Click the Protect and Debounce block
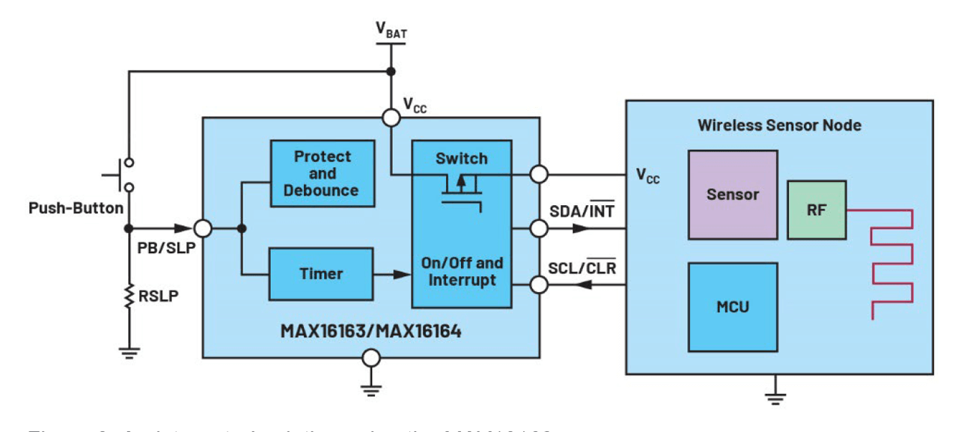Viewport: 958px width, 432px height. pos(322,174)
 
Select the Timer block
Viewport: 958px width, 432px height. pos(321,274)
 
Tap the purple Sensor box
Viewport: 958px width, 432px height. pos(732,195)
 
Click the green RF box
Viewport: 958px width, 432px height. pos(816,210)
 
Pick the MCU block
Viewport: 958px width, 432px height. pos(732,307)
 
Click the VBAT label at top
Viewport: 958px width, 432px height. pos(389,30)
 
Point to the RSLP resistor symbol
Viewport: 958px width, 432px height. pos(128,296)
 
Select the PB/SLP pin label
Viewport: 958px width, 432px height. pos(156,246)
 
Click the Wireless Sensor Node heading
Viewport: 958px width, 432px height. pos(778,125)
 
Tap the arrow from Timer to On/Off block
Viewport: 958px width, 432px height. pos(392,275)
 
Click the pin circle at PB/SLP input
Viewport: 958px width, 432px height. pos(203,228)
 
